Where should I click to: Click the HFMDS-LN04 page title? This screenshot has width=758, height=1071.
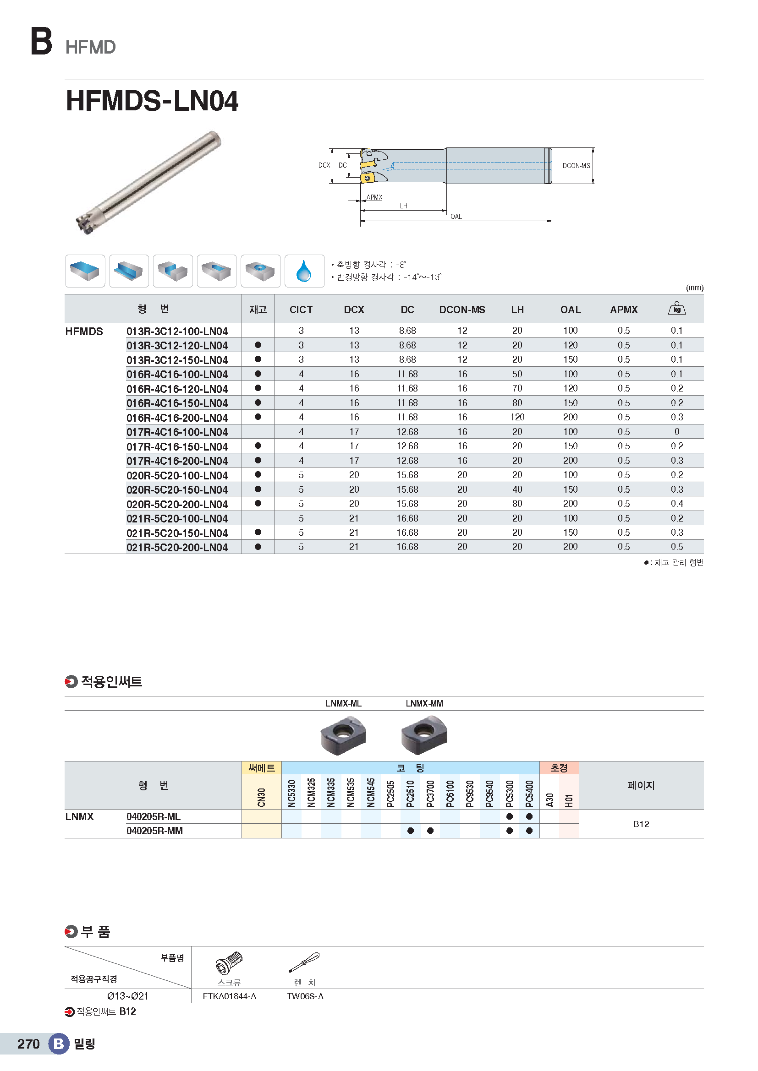[152, 101]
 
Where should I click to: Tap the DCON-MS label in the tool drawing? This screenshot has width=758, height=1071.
[576, 166]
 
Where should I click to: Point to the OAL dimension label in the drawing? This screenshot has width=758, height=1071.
[456, 217]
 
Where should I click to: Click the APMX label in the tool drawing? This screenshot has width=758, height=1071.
[374, 197]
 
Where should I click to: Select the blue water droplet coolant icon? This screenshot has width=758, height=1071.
[304, 271]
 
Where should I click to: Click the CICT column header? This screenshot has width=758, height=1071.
[301, 310]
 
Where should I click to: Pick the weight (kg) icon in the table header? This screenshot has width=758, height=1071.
[677, 308]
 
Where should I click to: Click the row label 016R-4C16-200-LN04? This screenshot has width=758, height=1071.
[177, 418]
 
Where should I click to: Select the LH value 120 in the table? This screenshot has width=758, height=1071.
[517, 417]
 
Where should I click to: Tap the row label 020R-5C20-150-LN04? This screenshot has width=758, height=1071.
[177, 490]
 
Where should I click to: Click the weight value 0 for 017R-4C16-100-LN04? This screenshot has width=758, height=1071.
[677, 432]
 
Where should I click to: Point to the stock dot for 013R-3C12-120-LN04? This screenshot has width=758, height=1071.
[258, 345]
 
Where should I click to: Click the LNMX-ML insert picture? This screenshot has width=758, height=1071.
[343, 736]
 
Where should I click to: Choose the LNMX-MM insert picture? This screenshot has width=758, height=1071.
[424, 736]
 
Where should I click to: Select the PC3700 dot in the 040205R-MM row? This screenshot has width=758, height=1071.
[430, 831]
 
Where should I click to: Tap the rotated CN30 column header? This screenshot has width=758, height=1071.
[261, 797]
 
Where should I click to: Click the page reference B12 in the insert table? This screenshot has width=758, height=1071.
[641, 824]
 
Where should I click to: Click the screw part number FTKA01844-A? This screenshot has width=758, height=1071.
[229, 996]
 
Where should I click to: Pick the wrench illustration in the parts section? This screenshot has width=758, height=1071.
[304, 962]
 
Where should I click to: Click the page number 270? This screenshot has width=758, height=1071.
[28, 1044]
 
